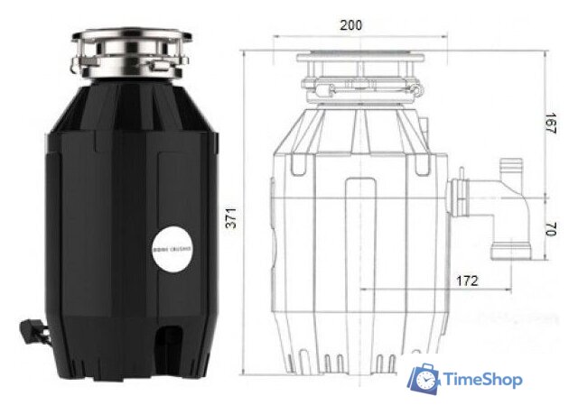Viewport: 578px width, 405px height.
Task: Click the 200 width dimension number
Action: (350, 24)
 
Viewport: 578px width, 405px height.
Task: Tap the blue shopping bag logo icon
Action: (422, 379)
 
